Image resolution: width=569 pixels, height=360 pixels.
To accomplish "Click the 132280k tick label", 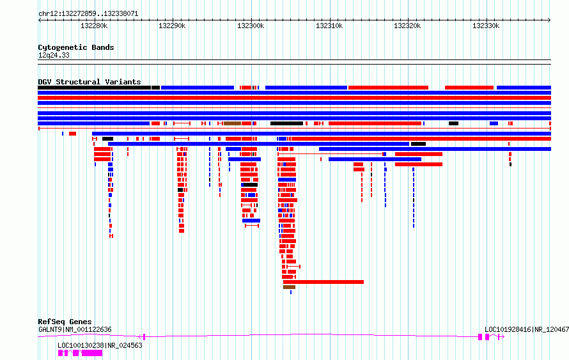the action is coord(94,26).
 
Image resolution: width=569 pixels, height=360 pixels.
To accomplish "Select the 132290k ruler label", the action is coord(172,26).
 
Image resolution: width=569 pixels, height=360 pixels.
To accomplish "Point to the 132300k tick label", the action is coord(251,26).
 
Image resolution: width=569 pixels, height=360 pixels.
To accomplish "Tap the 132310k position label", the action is coord(329,26).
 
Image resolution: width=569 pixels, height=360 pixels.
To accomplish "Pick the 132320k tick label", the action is coord(407,26).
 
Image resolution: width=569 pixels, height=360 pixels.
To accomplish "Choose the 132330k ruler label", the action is coord(486,26).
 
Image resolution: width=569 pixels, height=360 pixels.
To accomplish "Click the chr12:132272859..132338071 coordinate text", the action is coord(88,14).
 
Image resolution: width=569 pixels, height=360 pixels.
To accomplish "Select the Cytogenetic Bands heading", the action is coord(76,47).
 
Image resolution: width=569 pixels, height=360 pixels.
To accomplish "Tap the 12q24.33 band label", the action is coord(54,56).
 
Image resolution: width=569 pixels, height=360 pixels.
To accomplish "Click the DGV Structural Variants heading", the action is coord(90,82).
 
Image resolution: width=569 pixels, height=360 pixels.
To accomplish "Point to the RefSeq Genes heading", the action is coord(65,322).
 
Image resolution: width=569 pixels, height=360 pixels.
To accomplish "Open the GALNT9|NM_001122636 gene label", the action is coord(75,329).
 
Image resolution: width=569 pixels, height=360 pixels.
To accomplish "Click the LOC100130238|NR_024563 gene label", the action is coord(100,345).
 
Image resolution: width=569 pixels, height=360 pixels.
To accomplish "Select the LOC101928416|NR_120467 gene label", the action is coord(527,329).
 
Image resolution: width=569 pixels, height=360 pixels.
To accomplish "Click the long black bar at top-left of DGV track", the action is coord(95,88).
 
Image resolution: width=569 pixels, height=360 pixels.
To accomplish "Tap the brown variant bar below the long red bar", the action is coord(289,287).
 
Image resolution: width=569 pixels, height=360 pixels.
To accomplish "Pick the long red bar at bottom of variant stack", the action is coord(323,282).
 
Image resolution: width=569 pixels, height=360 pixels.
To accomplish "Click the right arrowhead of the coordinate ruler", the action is coord(550,20).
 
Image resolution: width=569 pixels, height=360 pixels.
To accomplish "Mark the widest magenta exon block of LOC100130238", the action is coord(92,353).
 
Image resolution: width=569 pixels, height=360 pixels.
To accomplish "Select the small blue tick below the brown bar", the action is coord(291,292).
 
